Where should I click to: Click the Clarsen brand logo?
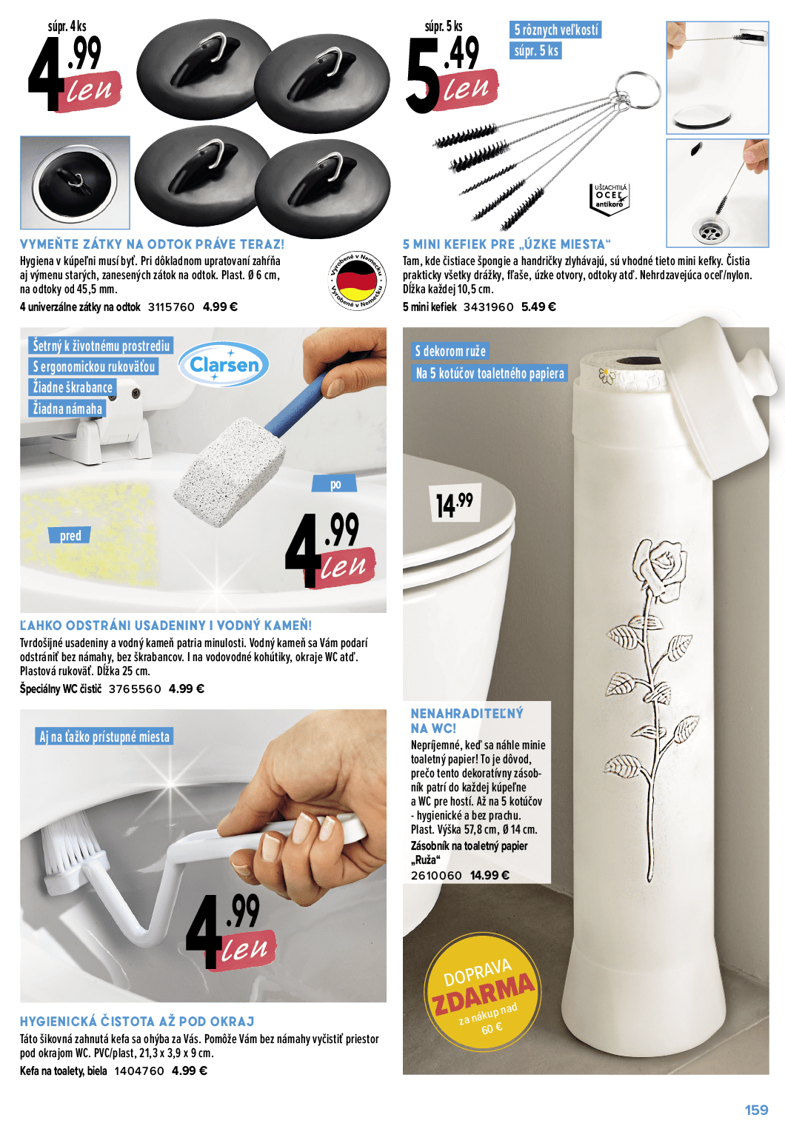click(x=224, y=364)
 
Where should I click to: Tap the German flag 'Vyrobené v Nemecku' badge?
click(x=357, y=281)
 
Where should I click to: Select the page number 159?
click(x=756, y=1110)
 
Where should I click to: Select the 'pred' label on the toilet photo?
click(x=70, y=535)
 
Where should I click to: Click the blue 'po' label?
click(x=335, y=484)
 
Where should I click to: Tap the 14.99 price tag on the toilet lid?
click(x=455, y=503)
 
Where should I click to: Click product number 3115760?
click(x=171, y=306)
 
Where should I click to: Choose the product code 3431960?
click(x=488, y=306)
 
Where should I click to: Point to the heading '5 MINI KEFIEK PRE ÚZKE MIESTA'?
click(x=507, y=244)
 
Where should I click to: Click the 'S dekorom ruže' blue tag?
click(x=450, y=351)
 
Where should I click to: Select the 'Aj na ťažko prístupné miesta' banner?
click(x=104, y=737)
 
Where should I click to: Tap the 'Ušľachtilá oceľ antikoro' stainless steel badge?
click(x=609, y=199)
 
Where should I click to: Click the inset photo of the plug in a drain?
click(x=76, y=183)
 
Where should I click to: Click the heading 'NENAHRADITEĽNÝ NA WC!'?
click(x=467, y=720)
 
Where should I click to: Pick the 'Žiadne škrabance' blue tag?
click(x=73, y=388)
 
